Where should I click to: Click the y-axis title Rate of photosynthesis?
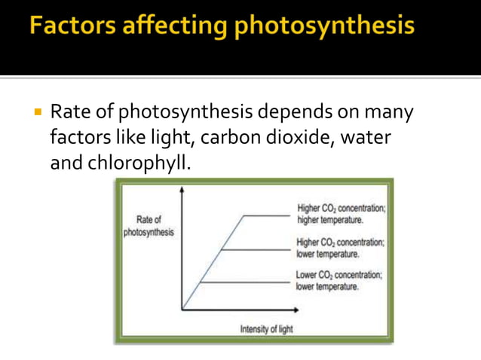[x=149, y=226]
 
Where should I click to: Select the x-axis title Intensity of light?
[x=266, y=329]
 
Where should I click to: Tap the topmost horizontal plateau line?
[x=264, y=215]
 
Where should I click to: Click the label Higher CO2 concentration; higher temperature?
[x=340, y=214]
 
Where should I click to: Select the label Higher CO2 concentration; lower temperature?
[x=340, y=249]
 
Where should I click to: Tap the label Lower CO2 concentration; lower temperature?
[x=339, y=281]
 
